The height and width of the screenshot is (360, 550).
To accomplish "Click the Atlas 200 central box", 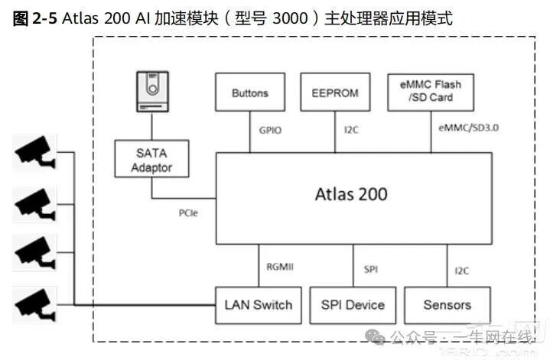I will [x=352, y=194].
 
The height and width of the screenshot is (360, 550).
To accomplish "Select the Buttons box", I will [x=250, y=93].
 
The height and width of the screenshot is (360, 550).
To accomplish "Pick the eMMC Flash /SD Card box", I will [x=431, y=92].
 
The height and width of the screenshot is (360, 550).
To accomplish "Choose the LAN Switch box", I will [x=259, y=305].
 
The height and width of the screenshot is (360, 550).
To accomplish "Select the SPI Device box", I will [x=353, y=305].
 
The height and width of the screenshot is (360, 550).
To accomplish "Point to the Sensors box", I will [x=447, y=305].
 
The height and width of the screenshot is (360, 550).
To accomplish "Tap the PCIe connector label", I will [x=187, y=213].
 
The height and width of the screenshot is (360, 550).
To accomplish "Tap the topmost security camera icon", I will [x=34, y=152].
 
